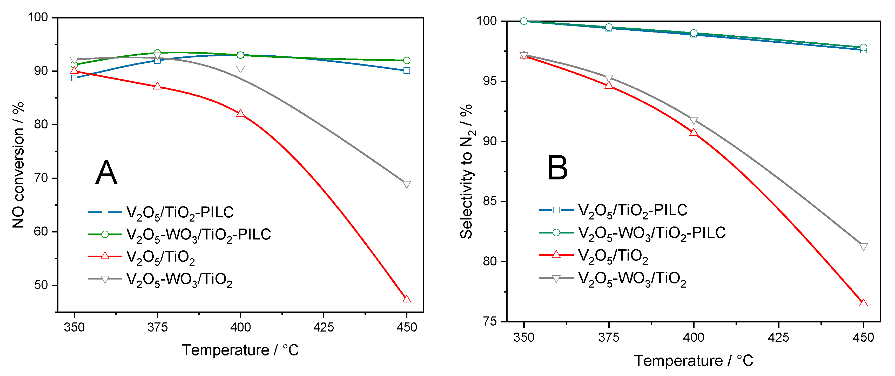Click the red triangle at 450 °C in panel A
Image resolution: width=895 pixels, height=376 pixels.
click(407, 299)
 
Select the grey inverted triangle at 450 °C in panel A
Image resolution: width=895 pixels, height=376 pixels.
click(407, 184)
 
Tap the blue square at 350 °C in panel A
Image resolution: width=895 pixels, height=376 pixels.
click(74, 78)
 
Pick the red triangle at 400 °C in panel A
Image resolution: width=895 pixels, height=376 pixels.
click(240, 114)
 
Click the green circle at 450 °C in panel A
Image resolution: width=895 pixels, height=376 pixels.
click(407, 61)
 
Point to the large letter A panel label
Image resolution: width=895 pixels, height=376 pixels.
click(106, 173)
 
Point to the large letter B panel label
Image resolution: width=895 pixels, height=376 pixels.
click(557, 168)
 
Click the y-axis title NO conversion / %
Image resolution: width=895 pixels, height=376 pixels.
click(18, 165)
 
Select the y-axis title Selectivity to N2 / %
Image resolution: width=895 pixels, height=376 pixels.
click(467, 171)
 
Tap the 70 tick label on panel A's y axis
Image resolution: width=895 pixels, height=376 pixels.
click(41, 178)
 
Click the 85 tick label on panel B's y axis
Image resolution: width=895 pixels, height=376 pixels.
click(490, 201)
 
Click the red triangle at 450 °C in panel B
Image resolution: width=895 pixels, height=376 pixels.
click(863, 303)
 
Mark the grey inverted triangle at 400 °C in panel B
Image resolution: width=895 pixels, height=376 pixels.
click(694, 120)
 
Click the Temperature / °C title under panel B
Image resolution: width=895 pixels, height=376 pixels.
click(694, 361)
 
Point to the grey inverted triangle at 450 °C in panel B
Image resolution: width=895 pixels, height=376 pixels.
click(863, 247)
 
